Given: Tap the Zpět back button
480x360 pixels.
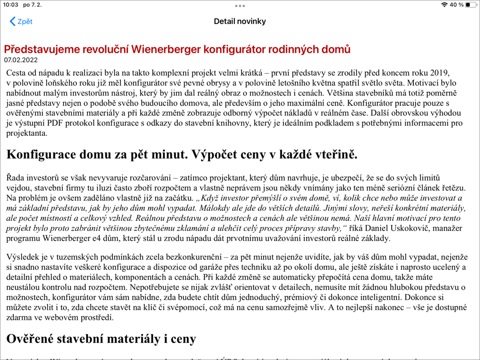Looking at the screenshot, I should [x=21, y=22].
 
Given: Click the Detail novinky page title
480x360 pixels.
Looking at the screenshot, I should [x=240, y=22].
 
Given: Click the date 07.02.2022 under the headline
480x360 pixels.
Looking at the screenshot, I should [x=21, y=60].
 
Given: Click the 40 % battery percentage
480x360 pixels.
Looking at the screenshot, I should [x=456, y=5].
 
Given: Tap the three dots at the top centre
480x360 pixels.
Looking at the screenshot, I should [x=240, y=6].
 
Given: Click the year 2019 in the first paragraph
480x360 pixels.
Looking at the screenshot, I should [x=440, y=72].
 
